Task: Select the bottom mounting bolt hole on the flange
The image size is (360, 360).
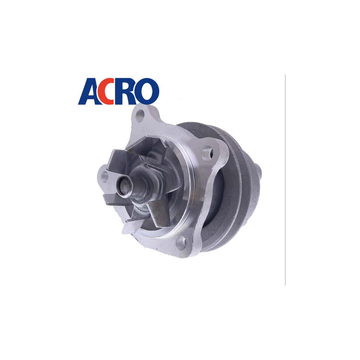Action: pos(181,243)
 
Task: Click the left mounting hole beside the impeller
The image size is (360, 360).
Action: pos(105,176)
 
